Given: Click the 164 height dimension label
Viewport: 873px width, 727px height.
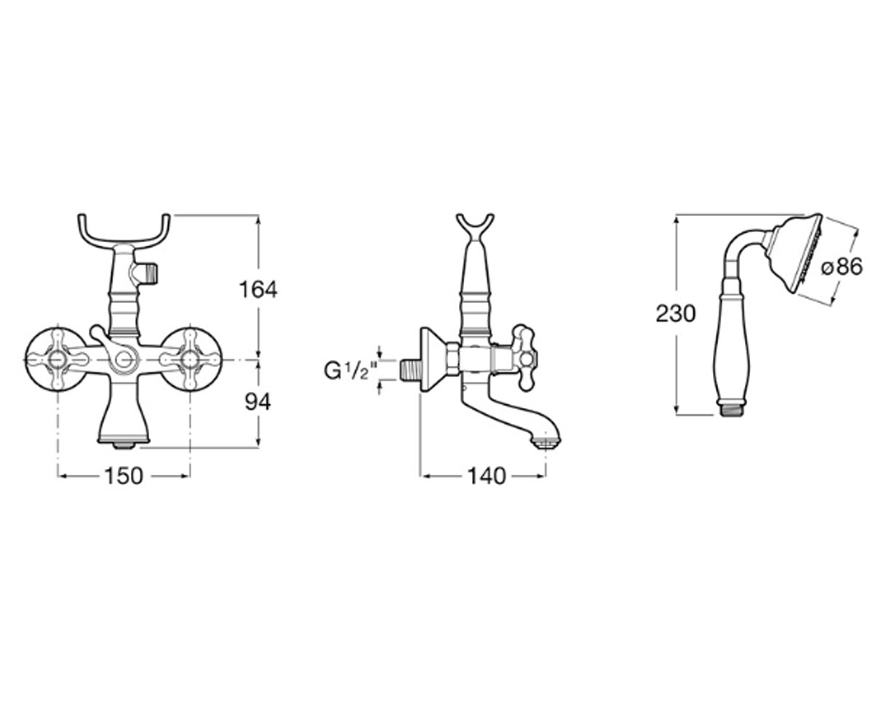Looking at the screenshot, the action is click(x=258, y=289).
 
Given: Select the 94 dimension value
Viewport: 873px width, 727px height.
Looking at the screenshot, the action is click(x=258, y=402).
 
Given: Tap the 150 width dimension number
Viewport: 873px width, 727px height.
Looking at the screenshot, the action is click(x=124, y=476).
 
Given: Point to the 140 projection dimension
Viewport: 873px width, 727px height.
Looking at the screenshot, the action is click(x=486, y=476).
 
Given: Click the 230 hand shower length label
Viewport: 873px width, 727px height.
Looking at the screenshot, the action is click(x=676, y=314).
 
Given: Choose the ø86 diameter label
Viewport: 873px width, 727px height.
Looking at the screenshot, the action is click(x=842, y=266).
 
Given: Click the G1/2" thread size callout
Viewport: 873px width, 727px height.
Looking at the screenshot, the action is click(x=351, y=371).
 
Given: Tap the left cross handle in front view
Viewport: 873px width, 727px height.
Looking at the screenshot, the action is click(x=57, y=358).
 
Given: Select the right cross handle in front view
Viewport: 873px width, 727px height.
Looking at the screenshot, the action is click(x=190, y=358).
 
